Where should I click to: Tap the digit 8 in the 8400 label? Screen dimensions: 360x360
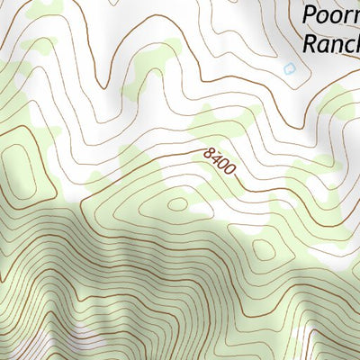210,154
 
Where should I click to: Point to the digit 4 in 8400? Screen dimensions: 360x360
216,160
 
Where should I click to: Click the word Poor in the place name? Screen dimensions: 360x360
329,15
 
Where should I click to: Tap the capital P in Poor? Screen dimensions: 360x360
310,15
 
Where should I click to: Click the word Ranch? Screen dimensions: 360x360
330,42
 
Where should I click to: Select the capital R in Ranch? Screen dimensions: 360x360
310,42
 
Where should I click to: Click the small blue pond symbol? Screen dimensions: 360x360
288,67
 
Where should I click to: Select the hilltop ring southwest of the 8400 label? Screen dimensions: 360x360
177,204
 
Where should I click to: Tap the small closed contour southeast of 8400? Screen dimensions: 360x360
263,247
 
